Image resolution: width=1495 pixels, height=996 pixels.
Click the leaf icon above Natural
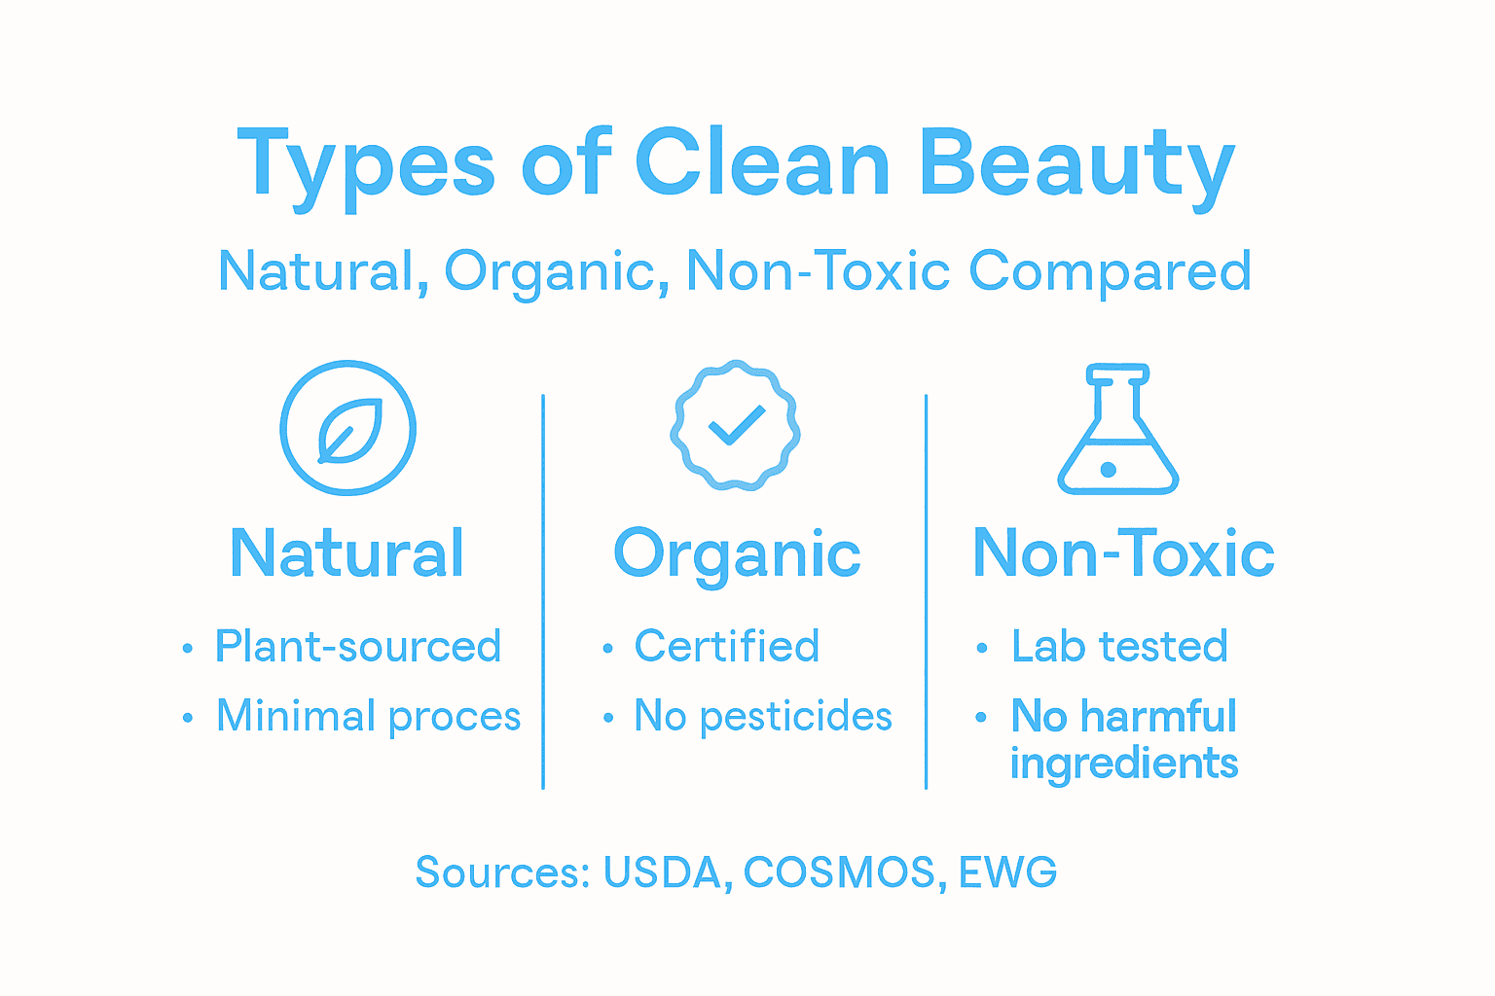pyautogui.click(x=348, y=428)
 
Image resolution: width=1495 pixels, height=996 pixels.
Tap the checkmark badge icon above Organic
pyautogui.click(x=735, y=425)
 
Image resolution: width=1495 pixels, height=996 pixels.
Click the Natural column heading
pyautogui.click(x=347, y=553)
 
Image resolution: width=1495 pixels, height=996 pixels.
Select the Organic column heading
pyautogui.click(x=737, y=554)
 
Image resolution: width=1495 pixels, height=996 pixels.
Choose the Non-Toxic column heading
pyautogui.click(x=1123, y=553)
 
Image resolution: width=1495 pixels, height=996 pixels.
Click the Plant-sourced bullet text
pyautogui.click(x=358, y=647)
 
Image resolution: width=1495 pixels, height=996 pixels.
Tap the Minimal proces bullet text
pyautogui.click(x=368, y=717)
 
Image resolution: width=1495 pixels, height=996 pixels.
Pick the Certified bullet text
pyautogui.click(x=727, y=647)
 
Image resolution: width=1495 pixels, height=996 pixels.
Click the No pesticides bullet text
pyautogui.click(x=763, y=717)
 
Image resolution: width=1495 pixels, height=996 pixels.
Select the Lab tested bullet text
pyautogui.click(x=1119, y=647)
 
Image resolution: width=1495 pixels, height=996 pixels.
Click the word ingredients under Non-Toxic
pyautogui.click(x=1124, y=764)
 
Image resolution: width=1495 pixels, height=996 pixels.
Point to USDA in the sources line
pyautogui.click(x=662, y=872)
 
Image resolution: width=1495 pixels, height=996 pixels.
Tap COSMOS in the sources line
pyautogui.click(x=840, y=872)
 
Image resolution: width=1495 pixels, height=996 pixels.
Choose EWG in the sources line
pyautogui.click(x=1007, y=872)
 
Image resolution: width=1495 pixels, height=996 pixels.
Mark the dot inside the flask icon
pyautogui.click(x=1108, y=470)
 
